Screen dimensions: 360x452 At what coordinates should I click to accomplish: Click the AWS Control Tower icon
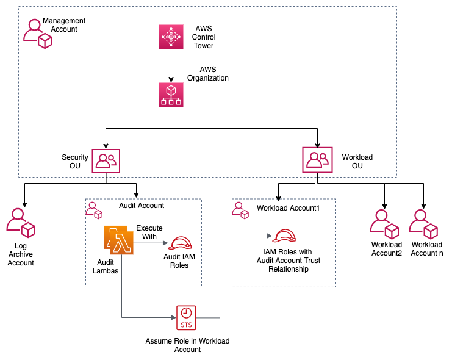[x=171, y=37]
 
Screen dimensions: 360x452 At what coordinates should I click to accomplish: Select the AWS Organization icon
[x=171, y=95]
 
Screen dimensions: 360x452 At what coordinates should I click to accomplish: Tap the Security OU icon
[x=106, y=160]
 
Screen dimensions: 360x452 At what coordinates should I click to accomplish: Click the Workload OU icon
[x=317, y=160]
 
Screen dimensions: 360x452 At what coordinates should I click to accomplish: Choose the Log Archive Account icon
[x=20, y=223]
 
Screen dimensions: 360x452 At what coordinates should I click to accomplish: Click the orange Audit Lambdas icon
[x=119, y=240]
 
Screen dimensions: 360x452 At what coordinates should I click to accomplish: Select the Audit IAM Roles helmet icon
[x=180, y=243]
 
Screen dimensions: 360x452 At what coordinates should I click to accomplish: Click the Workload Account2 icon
[x=384, y=224]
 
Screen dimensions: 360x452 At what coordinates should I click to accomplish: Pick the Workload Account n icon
[x=423, y=224]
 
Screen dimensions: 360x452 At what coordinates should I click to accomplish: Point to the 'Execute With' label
[x=149, y=232]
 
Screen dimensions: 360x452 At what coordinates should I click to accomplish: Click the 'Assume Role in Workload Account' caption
[x=187, y=345]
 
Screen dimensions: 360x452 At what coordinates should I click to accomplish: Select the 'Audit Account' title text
[x=142, y=206]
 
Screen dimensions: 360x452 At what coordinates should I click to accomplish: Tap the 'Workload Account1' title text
[x=288, y=208]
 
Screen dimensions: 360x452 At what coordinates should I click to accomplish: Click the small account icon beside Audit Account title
[x=94, y=209]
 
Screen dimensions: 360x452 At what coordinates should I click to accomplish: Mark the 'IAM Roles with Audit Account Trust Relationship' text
[x=288, y=261]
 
